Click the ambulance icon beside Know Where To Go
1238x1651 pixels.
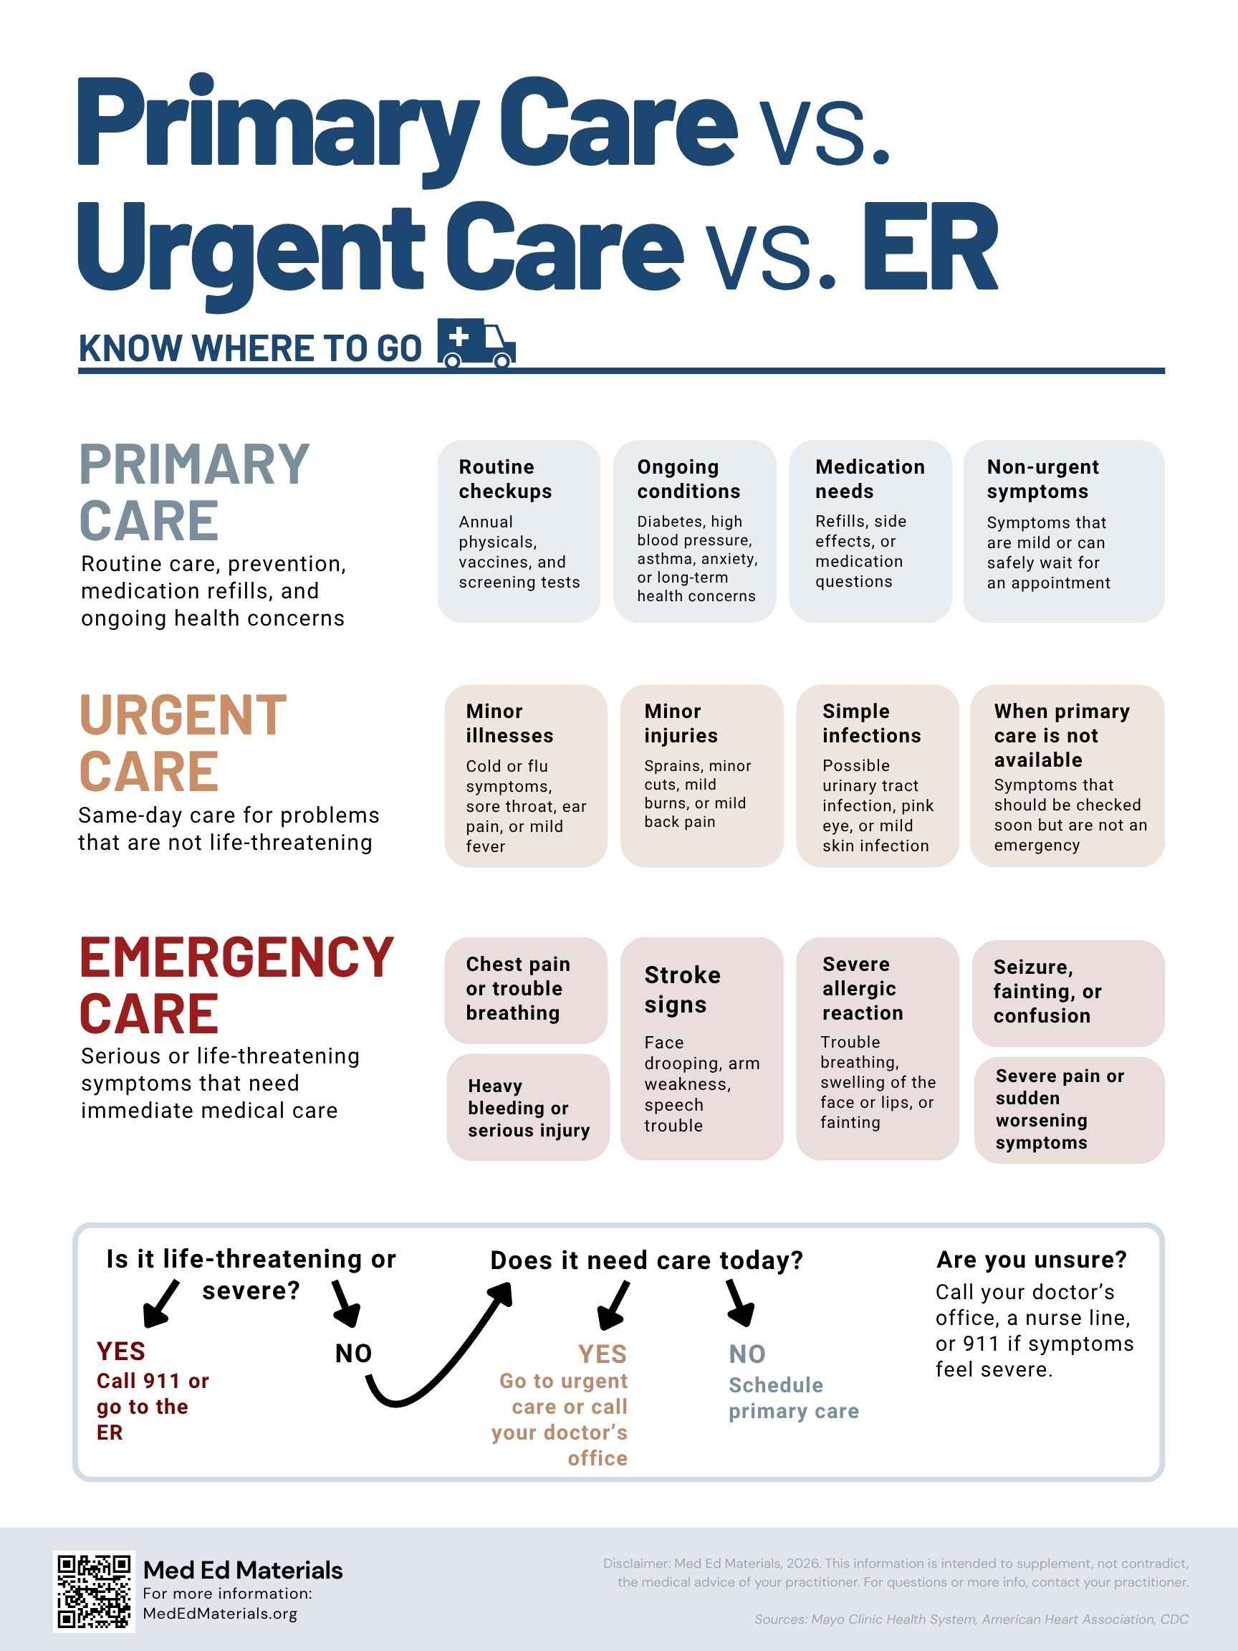tap(476, 343)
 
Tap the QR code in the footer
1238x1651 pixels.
tap(94, 1592)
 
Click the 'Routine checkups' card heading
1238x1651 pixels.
tap(505, 479)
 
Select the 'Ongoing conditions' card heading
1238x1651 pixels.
tap(688, 479)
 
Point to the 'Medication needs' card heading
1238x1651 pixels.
tap(869, 479)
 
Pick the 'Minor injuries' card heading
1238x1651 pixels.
tap(681, 723)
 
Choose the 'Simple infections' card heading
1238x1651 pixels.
tap(872, 723)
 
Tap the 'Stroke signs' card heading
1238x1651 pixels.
tap(682, 990)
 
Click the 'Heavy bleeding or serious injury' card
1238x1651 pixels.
tap(528, 1107)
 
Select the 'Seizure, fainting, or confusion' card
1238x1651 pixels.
tap(1068, 992)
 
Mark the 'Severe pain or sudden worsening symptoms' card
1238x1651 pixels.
tap(1070, 1110)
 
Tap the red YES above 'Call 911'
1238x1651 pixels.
tap(121, 1351)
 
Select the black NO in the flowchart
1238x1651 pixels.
tap(353, 1353)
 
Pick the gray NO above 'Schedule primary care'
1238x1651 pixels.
tap(747, 1354)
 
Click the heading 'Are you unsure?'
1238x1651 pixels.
tap(1031, 1260)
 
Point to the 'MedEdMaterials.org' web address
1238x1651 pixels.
tap(220, 1614)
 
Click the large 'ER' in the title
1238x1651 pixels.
tap(930, 247)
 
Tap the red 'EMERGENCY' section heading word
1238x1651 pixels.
tap(236, 957)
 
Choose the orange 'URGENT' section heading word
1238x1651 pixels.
tap(183, 715)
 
